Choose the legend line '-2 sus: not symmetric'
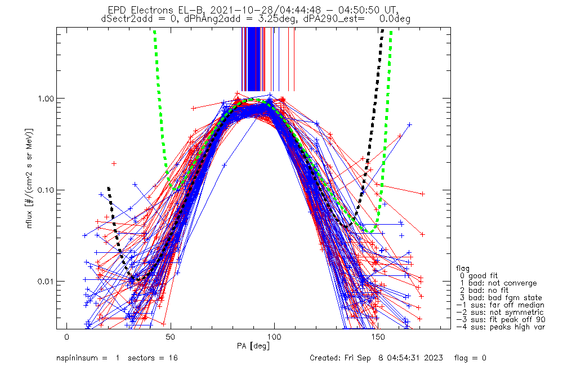500,312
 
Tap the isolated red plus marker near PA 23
114,163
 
